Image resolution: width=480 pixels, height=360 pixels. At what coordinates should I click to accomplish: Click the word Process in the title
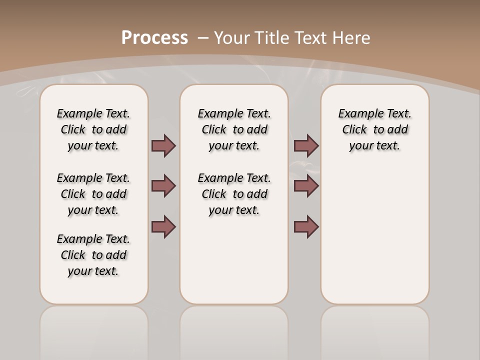[x=154, y=37]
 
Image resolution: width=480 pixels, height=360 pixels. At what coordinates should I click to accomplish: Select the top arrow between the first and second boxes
[x=163, y=146]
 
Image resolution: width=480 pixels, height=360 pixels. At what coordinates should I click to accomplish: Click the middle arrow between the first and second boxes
[x=163, y=186]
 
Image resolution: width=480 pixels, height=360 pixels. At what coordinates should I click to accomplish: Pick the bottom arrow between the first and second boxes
[x=163, y=226]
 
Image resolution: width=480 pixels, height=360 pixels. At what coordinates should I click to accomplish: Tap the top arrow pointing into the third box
[x=306, y=146]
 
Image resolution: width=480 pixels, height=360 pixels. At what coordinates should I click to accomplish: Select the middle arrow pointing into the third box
[x=306, y=186]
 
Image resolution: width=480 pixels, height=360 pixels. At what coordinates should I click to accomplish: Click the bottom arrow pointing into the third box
[x=306, y=226]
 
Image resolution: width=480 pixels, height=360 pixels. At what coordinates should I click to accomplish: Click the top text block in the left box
[x=93, y=129]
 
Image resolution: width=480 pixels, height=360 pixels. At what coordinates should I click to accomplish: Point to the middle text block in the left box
[x=93, y=194]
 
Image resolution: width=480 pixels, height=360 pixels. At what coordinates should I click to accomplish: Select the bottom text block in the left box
[x=93, y=255]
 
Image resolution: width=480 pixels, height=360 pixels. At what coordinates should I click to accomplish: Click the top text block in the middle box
[x=234, y=129]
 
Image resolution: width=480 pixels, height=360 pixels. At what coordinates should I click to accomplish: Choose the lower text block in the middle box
[x=234, y=194]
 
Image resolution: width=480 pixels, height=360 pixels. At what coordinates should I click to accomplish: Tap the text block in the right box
[x=374, y=129]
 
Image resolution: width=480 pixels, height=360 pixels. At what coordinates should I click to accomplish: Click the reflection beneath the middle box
[x=234, y=330]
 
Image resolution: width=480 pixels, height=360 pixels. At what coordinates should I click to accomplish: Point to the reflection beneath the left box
[x=93, y=330]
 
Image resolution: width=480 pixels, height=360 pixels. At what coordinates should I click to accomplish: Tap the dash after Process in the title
[x=203, y=37]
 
